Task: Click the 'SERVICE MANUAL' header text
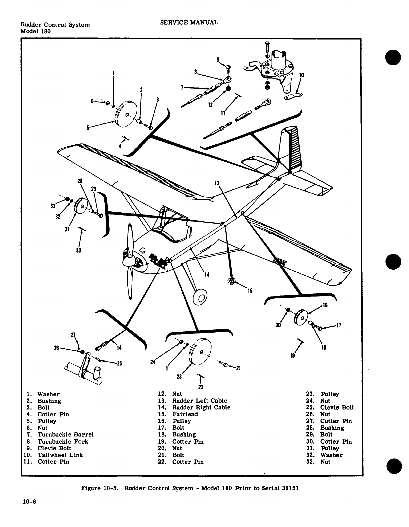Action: click(189, 22)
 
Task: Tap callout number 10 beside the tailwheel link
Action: click(301, 75)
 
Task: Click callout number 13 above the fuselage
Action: click(217, 183)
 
